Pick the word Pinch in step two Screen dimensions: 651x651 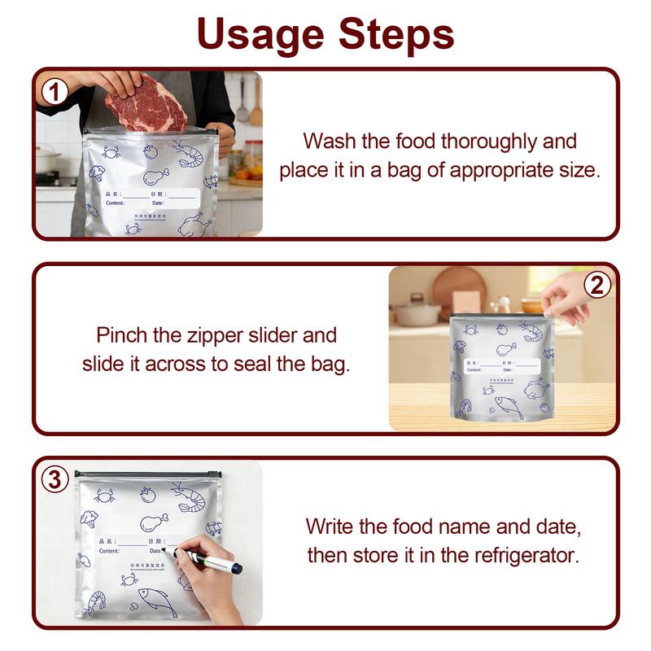coord(122,334)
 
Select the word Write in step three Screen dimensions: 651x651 coord(330,526)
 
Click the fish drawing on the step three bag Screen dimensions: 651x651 coord(156,602)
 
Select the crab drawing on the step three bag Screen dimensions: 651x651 coord(104,495)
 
